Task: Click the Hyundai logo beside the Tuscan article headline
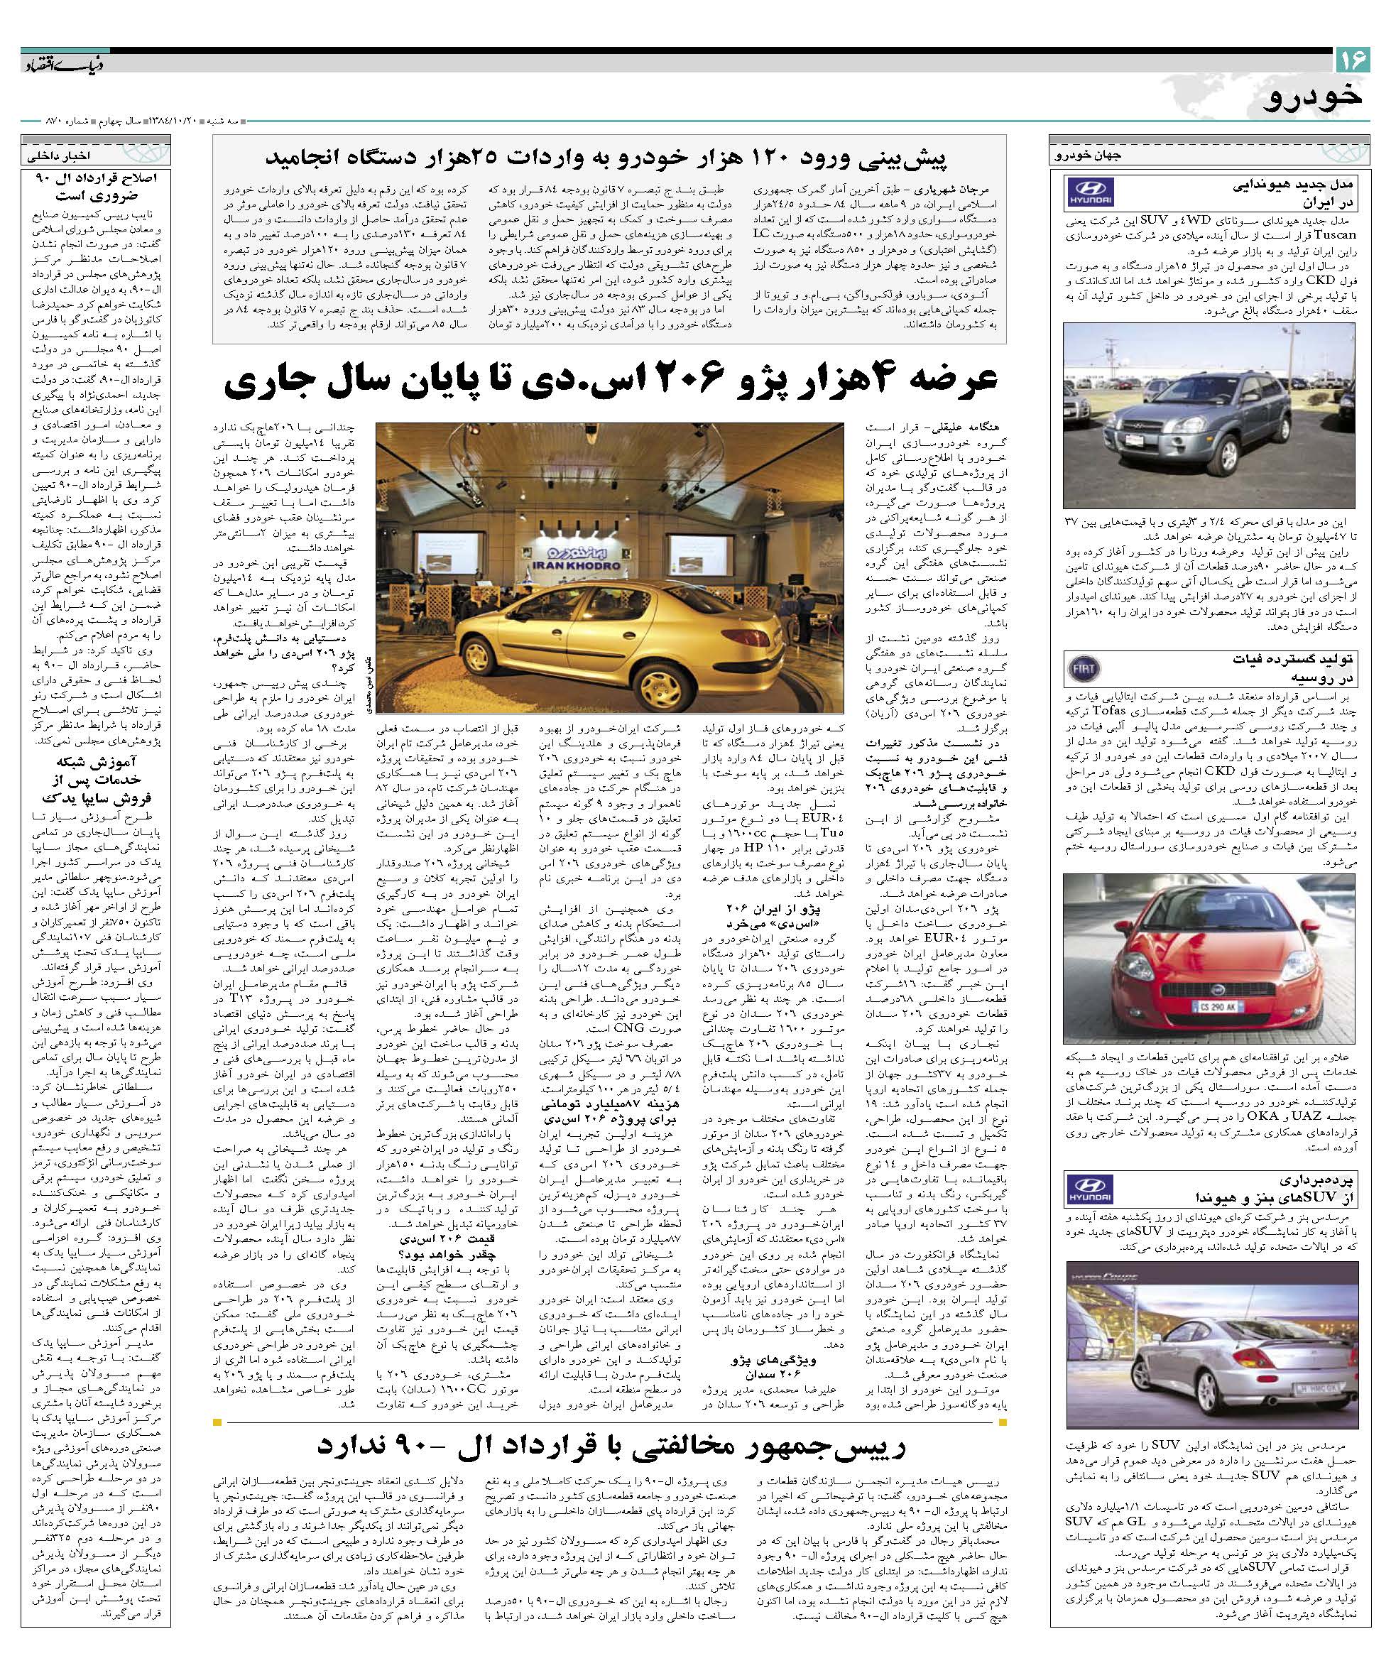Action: (x=1089, y=194)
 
